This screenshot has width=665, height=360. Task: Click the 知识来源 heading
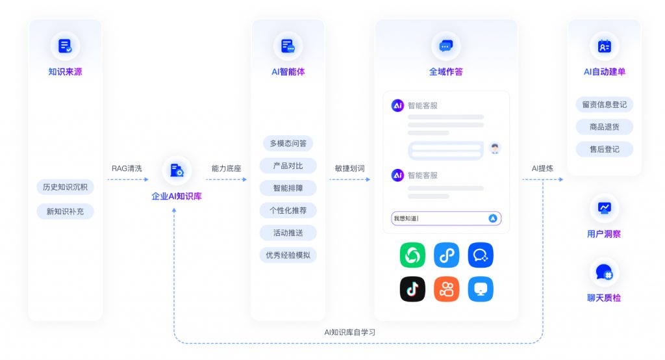coord(65,72)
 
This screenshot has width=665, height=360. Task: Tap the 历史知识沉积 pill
coord(65,187)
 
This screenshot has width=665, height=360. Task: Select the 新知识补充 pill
coord(65,211)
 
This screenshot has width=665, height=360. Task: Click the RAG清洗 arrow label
coord(127,168)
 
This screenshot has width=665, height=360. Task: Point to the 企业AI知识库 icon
coord(177,170)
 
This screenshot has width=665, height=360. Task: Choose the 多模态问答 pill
coord(288,143)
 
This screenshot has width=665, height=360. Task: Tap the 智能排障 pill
coord(288,188)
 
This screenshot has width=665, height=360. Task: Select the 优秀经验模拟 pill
coord(288,255)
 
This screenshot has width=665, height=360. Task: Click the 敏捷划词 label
coord(350,168)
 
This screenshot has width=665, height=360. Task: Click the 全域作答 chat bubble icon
coord(445,45)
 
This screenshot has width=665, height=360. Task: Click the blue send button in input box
coord(493,218)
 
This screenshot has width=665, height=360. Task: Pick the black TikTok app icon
coord(412,289)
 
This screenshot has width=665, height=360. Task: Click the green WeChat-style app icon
coord(412,255)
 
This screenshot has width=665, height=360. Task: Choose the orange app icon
coord(446,289)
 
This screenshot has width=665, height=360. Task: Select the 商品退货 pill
coord(604,127)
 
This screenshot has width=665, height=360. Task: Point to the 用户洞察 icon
coord(604,208)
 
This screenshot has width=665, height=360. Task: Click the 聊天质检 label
coord(604,298)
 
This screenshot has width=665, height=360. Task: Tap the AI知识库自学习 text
coord(350,332)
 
